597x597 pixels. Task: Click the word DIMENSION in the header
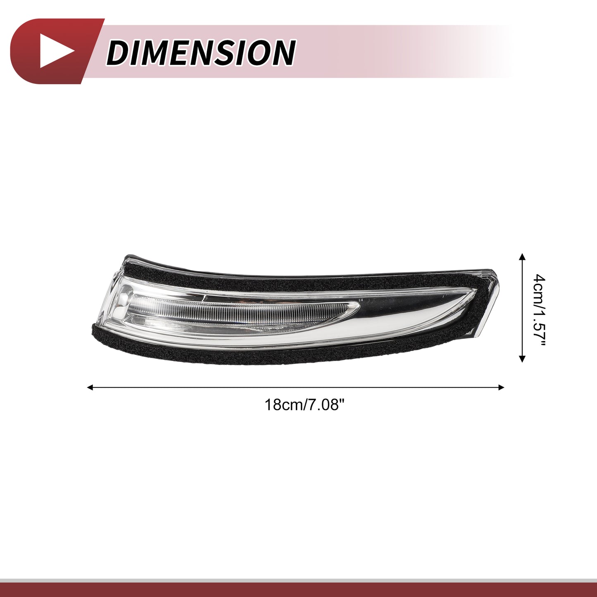[201, 52]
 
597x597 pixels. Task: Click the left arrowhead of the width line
[90, 387]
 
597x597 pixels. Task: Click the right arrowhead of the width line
[501, 387]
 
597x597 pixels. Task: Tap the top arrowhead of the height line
[522, 256]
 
